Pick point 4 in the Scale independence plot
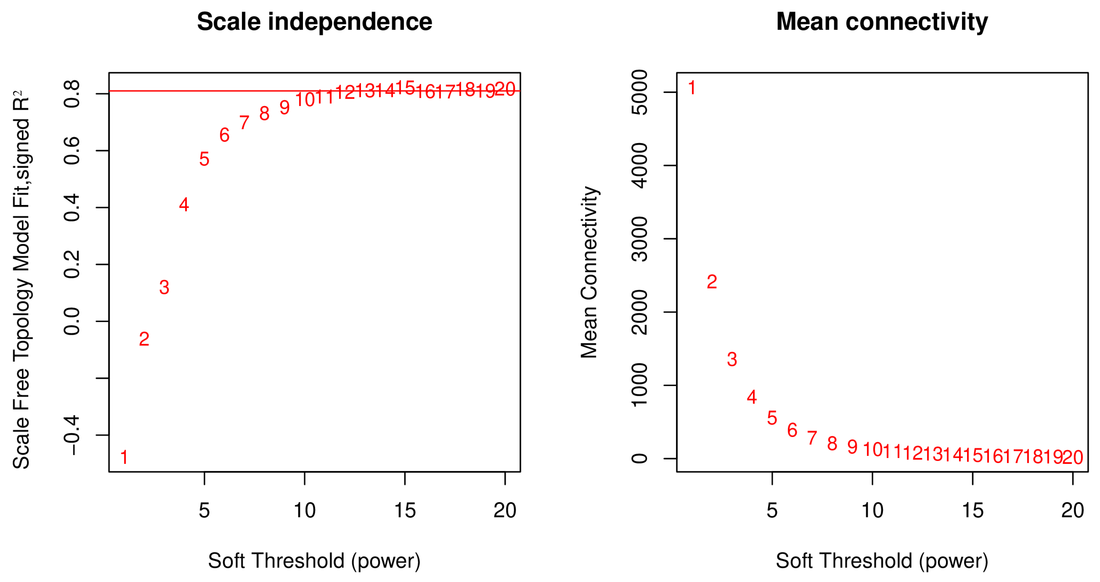(184, 205)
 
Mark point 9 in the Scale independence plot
(284, 107)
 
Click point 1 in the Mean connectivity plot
(692, 88)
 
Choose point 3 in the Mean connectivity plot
(732, 359)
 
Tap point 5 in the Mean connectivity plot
(772, 418)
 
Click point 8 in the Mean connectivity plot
(832, 443)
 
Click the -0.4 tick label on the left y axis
(72, 435)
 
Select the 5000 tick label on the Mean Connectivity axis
(639, 92)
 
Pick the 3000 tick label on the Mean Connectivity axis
(639, 239)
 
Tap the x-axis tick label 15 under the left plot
(405, 510)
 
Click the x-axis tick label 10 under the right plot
(872, 510)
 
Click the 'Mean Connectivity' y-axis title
(589, 272)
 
